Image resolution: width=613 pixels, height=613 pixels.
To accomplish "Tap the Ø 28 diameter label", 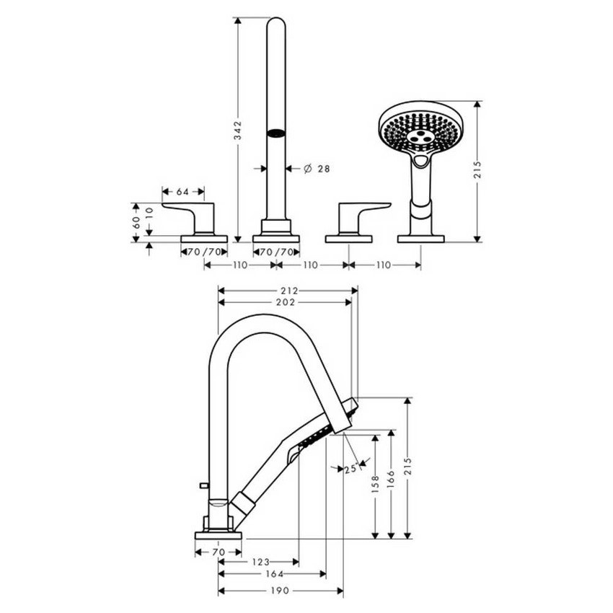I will coord(314,168).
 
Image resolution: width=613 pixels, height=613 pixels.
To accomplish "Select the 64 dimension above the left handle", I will coord(182,192).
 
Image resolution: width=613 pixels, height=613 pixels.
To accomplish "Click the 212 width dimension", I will coord(288,291).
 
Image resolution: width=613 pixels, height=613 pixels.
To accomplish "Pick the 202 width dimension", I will coord(285,302).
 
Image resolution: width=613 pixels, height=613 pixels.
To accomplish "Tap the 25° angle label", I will coord(351,469).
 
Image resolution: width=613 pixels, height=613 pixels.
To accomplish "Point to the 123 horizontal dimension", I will coord(261,561).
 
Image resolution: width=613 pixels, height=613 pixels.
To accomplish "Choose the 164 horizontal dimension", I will coord(272,575).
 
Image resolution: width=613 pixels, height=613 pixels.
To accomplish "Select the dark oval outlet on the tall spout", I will coord(275,132).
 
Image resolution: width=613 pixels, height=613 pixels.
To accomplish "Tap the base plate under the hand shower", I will coord(420,238).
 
